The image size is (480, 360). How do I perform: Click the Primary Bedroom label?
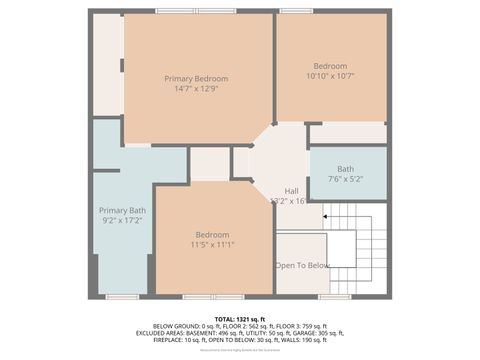point(196,79)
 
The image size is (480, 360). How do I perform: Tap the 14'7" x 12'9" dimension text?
point(196,90)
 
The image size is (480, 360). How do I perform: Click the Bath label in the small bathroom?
point(345,169)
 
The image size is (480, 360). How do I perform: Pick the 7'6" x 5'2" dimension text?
point(345,179)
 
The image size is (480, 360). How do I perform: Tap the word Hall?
point(291,191)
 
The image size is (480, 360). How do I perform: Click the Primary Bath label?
point(122,210)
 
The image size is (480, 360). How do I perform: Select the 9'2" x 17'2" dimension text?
point(122,221)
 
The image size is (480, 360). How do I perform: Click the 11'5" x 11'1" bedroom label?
point(212,234)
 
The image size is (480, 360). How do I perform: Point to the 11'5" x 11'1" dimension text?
point(212,244)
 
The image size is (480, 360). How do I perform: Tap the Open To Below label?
point(302,265)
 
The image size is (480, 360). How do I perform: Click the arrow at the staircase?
point(326,214)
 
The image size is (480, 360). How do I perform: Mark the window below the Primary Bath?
point(122,297)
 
